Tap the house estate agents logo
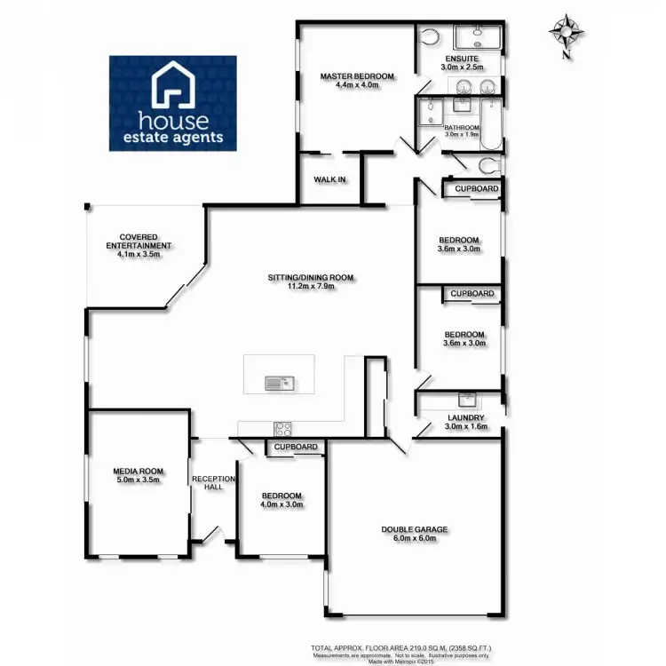pos(173,102)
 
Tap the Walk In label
pos(329,179)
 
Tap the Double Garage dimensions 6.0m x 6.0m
pos(414,538)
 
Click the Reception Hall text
pos(213,484)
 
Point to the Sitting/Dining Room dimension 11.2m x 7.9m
pos(311,287)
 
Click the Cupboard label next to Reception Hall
pos(296,447)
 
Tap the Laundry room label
pos(465,417)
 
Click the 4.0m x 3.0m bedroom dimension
pos(281,504)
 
